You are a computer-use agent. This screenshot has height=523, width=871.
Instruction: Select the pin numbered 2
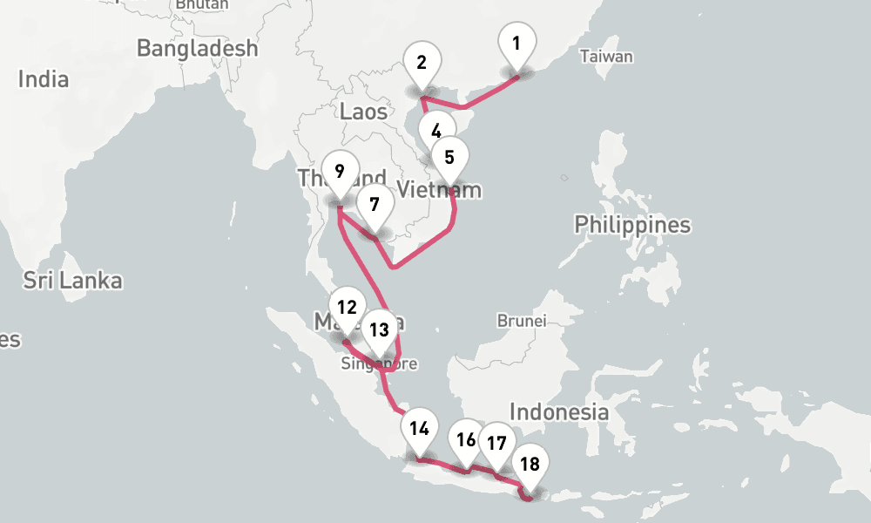422,63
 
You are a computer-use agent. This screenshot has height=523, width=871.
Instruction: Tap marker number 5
449,158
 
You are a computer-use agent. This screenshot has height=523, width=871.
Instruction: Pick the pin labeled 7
375,206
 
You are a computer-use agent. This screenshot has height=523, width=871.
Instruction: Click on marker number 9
339,171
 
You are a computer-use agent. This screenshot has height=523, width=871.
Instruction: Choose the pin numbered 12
347,307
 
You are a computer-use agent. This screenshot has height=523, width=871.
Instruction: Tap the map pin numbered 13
379,329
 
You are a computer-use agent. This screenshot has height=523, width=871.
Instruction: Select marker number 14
419,428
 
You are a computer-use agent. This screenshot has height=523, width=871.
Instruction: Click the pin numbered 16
467,439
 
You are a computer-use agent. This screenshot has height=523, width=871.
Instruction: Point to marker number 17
496,443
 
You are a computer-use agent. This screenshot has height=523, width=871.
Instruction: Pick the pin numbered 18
530,464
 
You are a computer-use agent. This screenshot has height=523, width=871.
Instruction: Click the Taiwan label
606,57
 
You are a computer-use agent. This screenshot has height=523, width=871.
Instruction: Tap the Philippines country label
631,225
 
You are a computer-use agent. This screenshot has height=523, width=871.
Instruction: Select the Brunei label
521,321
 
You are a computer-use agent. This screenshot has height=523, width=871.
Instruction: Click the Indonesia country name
558,411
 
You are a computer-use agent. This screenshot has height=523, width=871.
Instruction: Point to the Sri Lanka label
72,281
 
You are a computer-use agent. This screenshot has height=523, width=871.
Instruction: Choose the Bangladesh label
198,48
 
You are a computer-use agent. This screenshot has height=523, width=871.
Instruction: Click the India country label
44,79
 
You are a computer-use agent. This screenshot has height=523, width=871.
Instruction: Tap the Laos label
363,111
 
